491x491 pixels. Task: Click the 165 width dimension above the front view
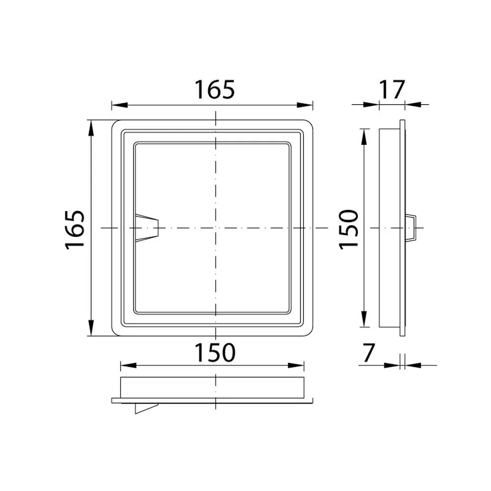(x=215, y=89)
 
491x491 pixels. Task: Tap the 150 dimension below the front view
(x=215, y=353)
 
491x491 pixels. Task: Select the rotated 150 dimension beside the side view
(x=349, y=230)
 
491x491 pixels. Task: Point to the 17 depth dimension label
(x=392, y=89)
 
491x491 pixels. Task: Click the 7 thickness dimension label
(x=368, y=353)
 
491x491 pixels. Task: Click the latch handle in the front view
(x=147, y=228)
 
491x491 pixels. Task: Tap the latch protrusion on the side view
(x=410, y=228)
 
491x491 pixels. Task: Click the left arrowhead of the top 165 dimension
(x=120, y=105)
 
